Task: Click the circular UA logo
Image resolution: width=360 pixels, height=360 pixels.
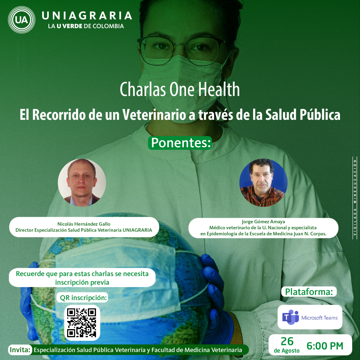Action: (21, 20)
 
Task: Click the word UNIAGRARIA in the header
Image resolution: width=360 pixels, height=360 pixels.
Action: (87, 15)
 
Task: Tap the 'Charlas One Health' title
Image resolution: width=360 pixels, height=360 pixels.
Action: (180, 89)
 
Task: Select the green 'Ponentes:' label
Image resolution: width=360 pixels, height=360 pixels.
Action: (180, 143)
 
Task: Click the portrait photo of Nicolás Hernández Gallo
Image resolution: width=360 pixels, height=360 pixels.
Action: (82, 182)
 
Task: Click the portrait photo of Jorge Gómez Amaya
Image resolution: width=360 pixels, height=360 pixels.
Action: (263, 182)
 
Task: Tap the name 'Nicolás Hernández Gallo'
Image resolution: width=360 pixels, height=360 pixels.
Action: (84, 224)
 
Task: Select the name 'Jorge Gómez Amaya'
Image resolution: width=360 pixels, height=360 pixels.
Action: (263, 221)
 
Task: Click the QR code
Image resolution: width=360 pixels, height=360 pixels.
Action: (82, 323)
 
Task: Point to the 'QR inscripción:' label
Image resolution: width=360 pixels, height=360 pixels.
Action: (83, 298)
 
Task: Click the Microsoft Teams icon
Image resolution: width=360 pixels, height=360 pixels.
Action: (290, 317)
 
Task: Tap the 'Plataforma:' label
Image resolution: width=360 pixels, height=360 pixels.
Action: (309, 291)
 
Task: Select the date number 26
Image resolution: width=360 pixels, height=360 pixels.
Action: (287, 341)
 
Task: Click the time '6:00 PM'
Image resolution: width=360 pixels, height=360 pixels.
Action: (325, 346)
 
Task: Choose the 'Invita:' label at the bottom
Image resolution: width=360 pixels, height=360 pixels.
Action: (20, 350)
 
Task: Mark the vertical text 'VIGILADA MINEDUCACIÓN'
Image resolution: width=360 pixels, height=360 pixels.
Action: (355, 198)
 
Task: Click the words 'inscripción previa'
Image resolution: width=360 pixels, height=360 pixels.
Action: (82, 282)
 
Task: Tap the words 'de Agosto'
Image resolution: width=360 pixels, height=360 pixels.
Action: (287, 351)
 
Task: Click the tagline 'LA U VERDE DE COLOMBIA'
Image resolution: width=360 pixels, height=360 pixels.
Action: (86, 26)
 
